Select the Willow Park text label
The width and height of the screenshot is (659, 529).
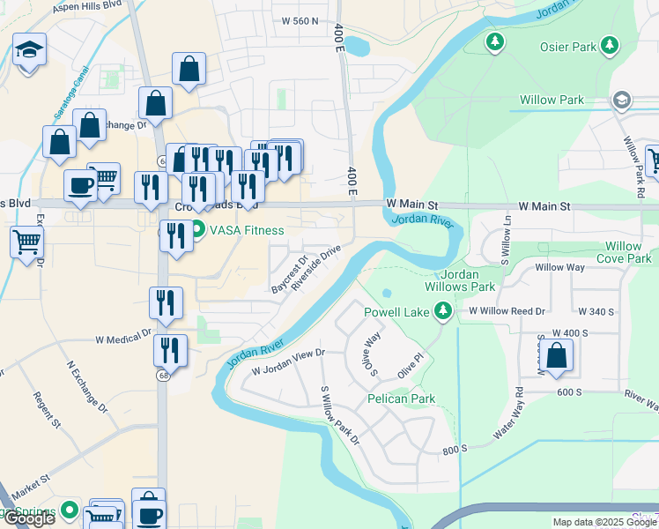point(552,100)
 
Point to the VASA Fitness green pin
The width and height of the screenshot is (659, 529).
point(197,231)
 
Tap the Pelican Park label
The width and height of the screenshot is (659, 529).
point(401,399)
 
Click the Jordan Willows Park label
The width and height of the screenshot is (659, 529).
point(468,280)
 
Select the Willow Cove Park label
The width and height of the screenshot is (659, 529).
point(624,252)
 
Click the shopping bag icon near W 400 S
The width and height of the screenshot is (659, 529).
point(556,355)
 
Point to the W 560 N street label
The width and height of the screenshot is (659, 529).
point(300,20)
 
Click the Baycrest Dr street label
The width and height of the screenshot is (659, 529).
point(288,274)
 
